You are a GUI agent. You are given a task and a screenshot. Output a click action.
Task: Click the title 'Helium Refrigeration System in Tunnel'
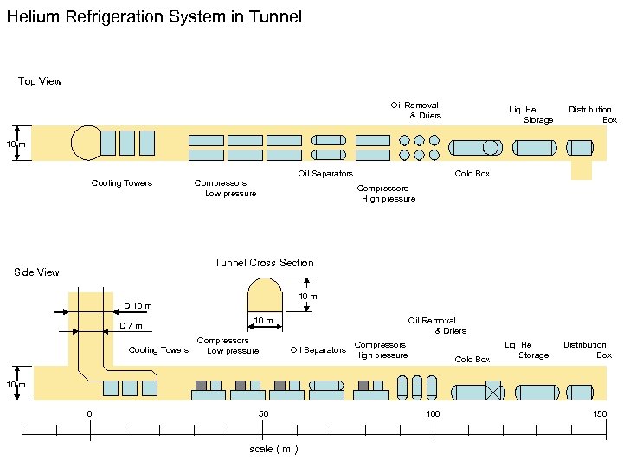click(154, 17)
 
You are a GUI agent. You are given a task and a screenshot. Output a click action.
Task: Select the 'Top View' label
click(40, 81)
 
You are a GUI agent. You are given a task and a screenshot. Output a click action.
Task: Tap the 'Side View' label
click(36, 272)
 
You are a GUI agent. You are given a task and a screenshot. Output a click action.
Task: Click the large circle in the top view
click(87, 143)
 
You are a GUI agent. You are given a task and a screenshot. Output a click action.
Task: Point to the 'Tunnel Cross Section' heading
click(264, 263)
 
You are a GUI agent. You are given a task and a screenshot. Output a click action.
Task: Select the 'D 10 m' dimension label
click(138, 306)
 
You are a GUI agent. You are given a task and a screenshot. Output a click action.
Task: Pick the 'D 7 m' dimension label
click(131, 326)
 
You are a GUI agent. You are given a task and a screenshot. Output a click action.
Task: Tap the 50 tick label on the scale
click(263, 414)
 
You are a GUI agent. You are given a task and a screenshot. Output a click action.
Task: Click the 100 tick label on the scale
click(432, 414)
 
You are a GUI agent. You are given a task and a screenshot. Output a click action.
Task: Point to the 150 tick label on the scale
click(600, 414)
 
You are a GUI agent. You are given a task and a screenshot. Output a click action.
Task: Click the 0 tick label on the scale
click(89, 414)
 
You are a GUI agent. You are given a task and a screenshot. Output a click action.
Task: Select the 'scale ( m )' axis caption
click(273, 450)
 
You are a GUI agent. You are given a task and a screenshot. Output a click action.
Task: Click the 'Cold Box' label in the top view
click(472, 174)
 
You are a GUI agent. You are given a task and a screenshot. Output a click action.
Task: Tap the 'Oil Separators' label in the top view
click(325, 174)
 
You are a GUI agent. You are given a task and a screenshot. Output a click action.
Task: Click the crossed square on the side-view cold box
click(494, 390)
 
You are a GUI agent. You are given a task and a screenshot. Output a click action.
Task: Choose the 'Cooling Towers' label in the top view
click(121, 183)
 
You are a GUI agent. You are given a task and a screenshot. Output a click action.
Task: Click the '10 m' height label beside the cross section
click(307, 297)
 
